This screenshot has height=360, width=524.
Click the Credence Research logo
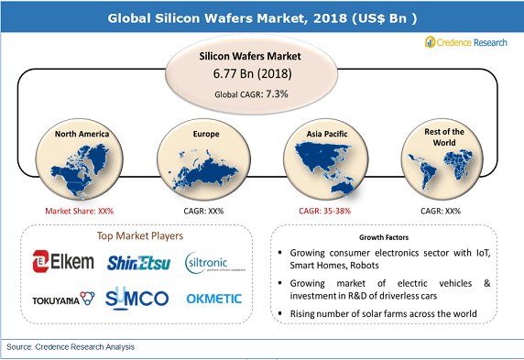tap(467, 43)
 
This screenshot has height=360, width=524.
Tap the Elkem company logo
tap(63, 262)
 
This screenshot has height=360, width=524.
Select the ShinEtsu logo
tap(137, 263)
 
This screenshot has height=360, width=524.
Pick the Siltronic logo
tap(213, 263)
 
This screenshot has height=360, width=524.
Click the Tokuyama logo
tap(63, 298)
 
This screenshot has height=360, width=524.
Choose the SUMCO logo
tap(137, 298)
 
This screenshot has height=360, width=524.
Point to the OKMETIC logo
tap(213, 298)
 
